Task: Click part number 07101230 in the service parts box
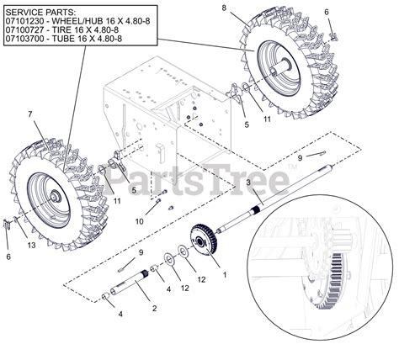(x=24, y=21)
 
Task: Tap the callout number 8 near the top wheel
(x=224, y=8)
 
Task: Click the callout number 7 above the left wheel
(x=30, y=114)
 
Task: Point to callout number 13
(x=32, y=245)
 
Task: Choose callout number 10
(x=140, y=221)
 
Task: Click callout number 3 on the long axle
(x=248, y=183)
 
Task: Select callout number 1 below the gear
(x=225, y=275)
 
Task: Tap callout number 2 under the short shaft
(x=154, y=308)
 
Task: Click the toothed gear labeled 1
(x=204, y=239)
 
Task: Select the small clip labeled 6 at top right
(x=334, y=36)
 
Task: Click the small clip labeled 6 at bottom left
(x=8, y=223)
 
